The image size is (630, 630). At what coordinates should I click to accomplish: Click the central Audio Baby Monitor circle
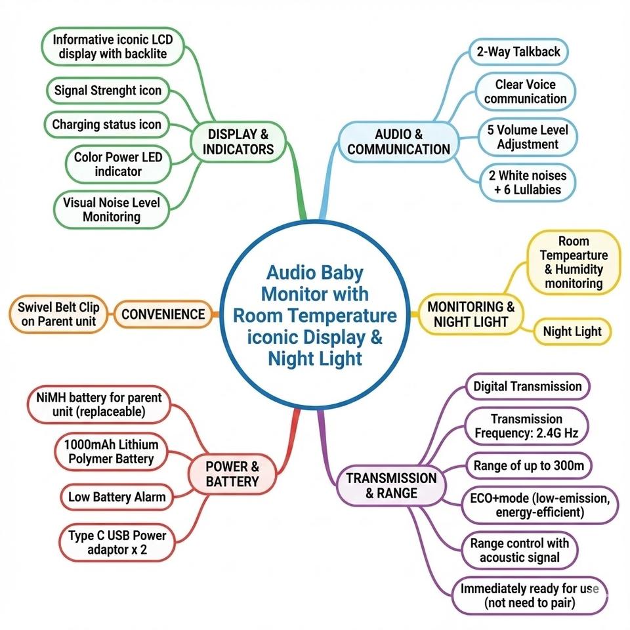315,315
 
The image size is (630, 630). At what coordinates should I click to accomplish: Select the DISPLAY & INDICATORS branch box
238,142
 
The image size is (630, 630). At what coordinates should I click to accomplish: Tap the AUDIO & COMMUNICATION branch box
399,142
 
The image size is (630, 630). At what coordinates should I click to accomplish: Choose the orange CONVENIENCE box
163,314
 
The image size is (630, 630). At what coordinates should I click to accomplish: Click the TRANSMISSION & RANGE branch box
391,486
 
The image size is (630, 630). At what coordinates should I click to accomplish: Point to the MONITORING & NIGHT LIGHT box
471,314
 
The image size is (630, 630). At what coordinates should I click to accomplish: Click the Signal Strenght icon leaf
108,91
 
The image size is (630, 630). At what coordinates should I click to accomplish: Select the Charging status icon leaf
106,124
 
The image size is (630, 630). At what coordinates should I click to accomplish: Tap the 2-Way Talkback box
518,52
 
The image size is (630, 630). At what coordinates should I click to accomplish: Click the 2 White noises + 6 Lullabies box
525,182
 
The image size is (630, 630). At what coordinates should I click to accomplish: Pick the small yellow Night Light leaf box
572,331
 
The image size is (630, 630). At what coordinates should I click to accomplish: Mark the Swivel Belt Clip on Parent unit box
56,314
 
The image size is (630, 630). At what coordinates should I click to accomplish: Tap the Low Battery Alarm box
117,497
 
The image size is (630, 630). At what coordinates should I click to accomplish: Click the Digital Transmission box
528,387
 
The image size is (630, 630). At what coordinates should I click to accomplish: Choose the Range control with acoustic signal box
520,551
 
